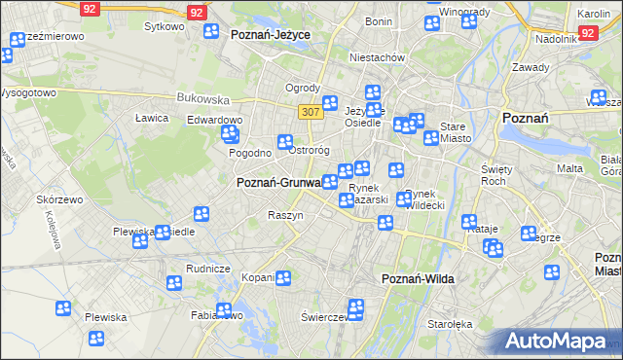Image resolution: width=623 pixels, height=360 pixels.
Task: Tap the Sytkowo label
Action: [164, 26]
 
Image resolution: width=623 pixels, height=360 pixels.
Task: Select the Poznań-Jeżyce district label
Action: [271, 34]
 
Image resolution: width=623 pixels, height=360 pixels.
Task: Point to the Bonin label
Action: [378, 20]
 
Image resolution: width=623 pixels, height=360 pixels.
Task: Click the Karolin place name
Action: [593, 14]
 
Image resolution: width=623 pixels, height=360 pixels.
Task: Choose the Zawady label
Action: [531, 67]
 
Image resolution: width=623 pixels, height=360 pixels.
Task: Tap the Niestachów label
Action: [380, 57]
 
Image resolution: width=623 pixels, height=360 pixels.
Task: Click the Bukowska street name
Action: [202, 98]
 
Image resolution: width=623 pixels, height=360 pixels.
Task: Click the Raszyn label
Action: [285, 215]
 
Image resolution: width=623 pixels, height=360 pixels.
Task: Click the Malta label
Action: [569, 168]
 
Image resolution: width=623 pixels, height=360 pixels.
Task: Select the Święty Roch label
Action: [496, 175]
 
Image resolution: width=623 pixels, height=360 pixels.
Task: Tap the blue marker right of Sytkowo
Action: [211, 31]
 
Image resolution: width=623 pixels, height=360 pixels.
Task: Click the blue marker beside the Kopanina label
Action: [283, 278]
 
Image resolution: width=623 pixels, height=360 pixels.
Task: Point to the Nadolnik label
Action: [557, 39]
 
